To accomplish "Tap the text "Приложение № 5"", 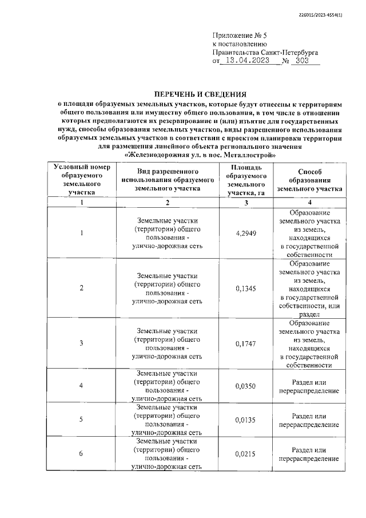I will pos(236,34).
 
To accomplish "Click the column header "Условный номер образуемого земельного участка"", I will pos(81,179).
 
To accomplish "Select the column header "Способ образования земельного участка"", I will pos(309,179).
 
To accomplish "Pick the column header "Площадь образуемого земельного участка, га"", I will pos(246,179).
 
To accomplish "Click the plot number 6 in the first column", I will pos(81,454).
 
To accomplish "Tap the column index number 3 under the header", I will pos(246,202).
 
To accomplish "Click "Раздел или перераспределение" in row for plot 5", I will pos(309,420).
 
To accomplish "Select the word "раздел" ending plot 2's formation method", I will pos(309,314).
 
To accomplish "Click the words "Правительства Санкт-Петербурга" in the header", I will pos(265,52).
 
